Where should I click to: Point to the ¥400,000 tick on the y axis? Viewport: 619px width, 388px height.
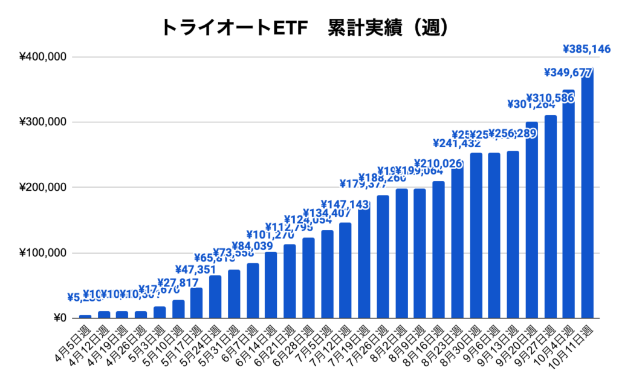coord(43,57)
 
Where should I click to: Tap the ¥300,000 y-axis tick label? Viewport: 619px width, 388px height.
coord(43,122)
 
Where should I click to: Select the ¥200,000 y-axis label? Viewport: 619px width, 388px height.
coord(43,188)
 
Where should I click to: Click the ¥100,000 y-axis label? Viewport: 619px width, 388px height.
coord(43,253)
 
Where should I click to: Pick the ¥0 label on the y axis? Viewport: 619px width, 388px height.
coord(59,318)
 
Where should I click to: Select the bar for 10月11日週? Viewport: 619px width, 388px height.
coord(588,194)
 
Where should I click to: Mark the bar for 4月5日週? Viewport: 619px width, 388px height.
coord(85,316)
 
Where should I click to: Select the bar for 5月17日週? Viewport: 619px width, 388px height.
coord(197,303)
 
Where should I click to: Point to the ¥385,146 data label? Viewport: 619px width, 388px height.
coord(586,48)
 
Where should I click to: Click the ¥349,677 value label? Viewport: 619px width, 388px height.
coord(568,73)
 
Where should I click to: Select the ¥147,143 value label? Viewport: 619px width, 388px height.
coord(345,205)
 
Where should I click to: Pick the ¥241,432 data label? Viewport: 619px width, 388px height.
coord(457,143)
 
